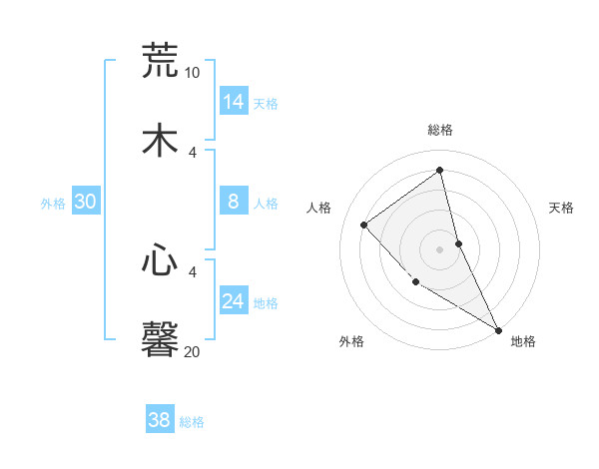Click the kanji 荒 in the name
coord(159,60)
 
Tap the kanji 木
coord(159,141)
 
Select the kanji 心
coord(159,260)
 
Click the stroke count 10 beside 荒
coord(192,73)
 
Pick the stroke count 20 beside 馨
coord(192,351)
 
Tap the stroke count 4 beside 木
coord(194,152)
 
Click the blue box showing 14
coord(234,102)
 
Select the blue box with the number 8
coord(234,203)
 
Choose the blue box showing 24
coord(234,302)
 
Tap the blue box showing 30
coord(86,203)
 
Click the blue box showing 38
coord(160,421)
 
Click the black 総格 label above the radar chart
coord(440,130)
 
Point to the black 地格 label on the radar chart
coord(523,341)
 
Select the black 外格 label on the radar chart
coord(351,341)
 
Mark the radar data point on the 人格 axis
coord(364,225)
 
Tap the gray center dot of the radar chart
coord(440,248)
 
